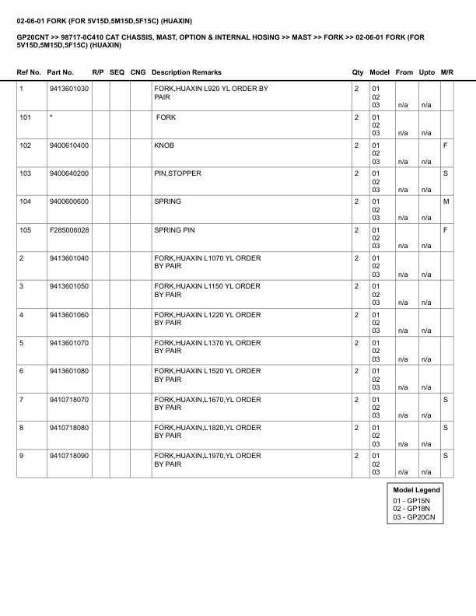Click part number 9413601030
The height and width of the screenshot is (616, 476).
pyautogui.click(x=68, y=89)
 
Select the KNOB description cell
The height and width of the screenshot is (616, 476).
pyautogui.click(x=165, y=145)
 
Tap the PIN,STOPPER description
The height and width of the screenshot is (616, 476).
pyautogui.click(x=177, y=173)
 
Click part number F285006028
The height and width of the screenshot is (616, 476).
pyautogui.click(x=68, y=229)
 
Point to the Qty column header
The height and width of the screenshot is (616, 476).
pyautogui.click(x=358, y=72)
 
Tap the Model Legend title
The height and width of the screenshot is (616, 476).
pyautogui.click(x=416, y=490)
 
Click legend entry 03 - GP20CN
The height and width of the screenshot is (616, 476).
pyautogui.click(x=415, y=517)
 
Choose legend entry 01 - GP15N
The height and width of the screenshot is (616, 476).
pyautogui.click(x=412, y=500)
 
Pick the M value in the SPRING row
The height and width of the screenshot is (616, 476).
pyautogui.click(x=446, y=201)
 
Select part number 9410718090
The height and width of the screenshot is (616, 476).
pyautogui.click(x=68, y=455)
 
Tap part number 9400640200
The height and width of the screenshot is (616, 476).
pyautogui.click(x=68, y=173)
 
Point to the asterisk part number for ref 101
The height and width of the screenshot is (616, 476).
pyautogui.click(x=51, y=117)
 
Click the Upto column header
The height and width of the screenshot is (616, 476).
pyautogui.click(x=427, y=72)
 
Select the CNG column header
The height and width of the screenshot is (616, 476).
pyautogui.click(x=138, y=72)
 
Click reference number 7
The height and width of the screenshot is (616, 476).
pyautogui.click(x=21, y=399)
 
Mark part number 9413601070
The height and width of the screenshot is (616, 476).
pyautogui.click(x=68, y=342)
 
